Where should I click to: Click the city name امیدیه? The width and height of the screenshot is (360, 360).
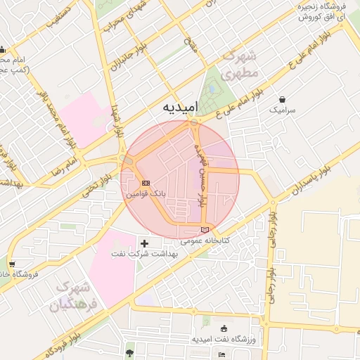(x=181, y=107)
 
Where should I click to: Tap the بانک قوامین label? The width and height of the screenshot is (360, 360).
(x=145, y=192)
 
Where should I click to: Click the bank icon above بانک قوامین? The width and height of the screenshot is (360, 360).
(x=146, y=182)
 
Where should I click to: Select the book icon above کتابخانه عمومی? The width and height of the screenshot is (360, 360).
(x=205, y=229)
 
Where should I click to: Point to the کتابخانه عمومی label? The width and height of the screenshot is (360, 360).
(x=205, y=240)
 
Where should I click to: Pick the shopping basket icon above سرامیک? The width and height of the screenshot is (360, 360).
(x=282, y=100)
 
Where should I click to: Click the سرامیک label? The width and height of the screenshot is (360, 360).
(x=283, y=110)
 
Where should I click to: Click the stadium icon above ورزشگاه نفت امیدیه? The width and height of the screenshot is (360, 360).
(x=224, y=328)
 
